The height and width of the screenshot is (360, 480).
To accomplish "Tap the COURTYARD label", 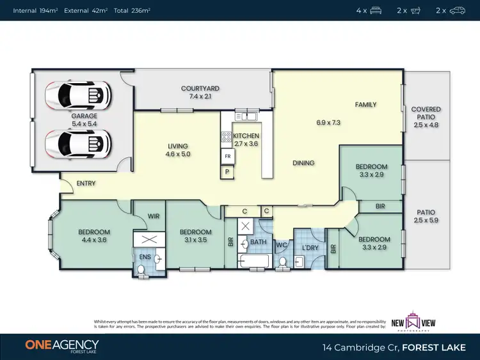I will pyautogui.click(x=200, y=88).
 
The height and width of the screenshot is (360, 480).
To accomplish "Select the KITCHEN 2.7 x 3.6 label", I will pyautogui.click(x=246, y=140).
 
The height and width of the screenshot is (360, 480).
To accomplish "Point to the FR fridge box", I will pyautogui.click(x=227, y=156).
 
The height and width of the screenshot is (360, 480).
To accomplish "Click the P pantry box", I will pyautogui.click(x=227, y=171).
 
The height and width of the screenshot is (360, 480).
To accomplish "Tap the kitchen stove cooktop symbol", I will pyautogui.click(x=226, y=136).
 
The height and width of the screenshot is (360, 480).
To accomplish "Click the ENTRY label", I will pyautogui.click(x=86, y=184).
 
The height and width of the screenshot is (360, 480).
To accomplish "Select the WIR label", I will pyautogui.click(x=153, y=217).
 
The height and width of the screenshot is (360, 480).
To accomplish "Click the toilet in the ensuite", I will pyautogui.click(x=141, y=271).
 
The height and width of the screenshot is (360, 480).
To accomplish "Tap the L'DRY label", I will pyautogui.click(x=310, y=247).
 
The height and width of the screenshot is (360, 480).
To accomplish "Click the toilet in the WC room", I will pyautogui.click(x=282, y=262).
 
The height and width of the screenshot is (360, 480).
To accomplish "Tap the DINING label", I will pyautogui.click(x=303, y=163).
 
